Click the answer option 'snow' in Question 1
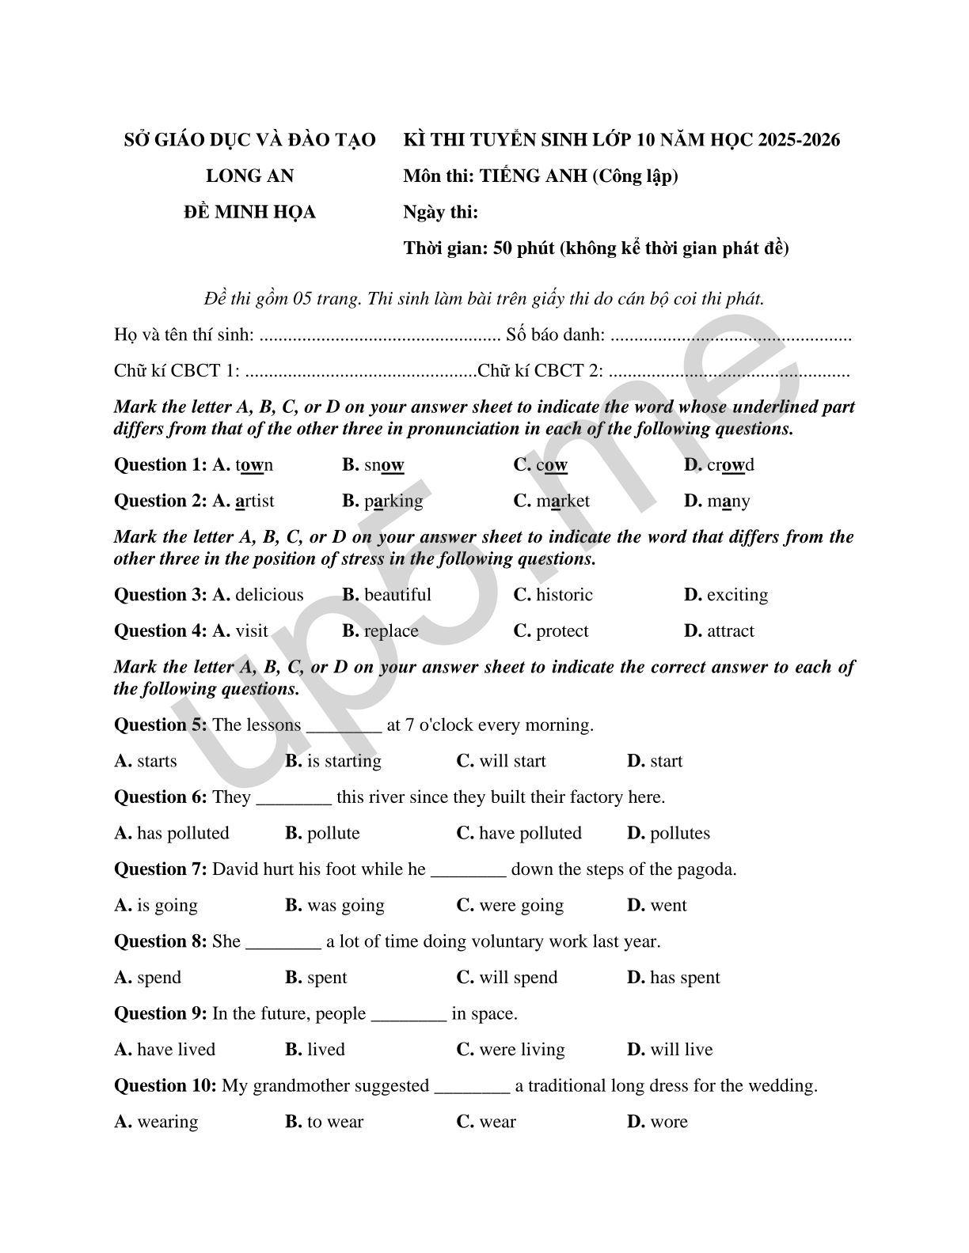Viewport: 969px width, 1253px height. tap(383, 465)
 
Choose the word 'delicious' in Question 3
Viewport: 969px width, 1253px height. tap(269, 595)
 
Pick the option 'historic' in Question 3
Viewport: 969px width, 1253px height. tap(564, 595)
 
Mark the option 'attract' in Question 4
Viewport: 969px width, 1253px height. tap(730, 631)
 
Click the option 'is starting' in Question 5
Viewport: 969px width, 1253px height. tap(344, 761)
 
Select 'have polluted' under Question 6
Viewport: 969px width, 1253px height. tap(530, 834)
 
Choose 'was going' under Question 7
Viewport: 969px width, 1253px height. tap(345, 906)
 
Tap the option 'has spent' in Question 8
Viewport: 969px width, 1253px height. tap(685, 978)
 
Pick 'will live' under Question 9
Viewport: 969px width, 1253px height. tap(681, 1050)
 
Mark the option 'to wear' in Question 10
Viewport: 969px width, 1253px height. tap(335, 1122)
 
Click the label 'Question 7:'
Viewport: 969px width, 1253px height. tap(161, 869)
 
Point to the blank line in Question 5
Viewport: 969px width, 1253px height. tap(344, 726)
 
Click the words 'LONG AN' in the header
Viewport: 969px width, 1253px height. tap(249, 176)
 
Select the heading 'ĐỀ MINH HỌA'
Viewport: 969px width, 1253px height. tap(249, 213)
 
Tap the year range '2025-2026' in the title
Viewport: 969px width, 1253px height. tap(798, 141)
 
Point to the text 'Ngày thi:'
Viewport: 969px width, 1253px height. tap(440, 213)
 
